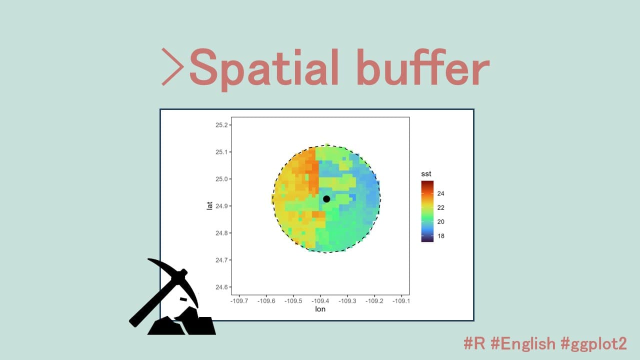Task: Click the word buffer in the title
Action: pos(423,67)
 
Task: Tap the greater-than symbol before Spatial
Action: pos(172,67)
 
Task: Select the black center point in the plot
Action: pos(326,199)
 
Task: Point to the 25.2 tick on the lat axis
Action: pos(221,125)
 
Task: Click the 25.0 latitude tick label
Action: pos(221,179)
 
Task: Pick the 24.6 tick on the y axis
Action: pos(221,287)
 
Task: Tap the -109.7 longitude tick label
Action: pos(239,301)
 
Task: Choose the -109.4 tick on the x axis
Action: pos(320,301)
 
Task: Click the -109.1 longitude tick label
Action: pos(401,301)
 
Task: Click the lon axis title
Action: pos(320,309)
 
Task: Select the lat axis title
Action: pos(209,205)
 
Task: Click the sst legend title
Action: pos(426,173)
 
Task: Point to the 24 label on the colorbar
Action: pos(440,193)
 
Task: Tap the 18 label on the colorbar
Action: pos(440,236)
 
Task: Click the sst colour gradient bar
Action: pos(427,211)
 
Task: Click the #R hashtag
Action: pos(474,343)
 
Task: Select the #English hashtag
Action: pos(523,343)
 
